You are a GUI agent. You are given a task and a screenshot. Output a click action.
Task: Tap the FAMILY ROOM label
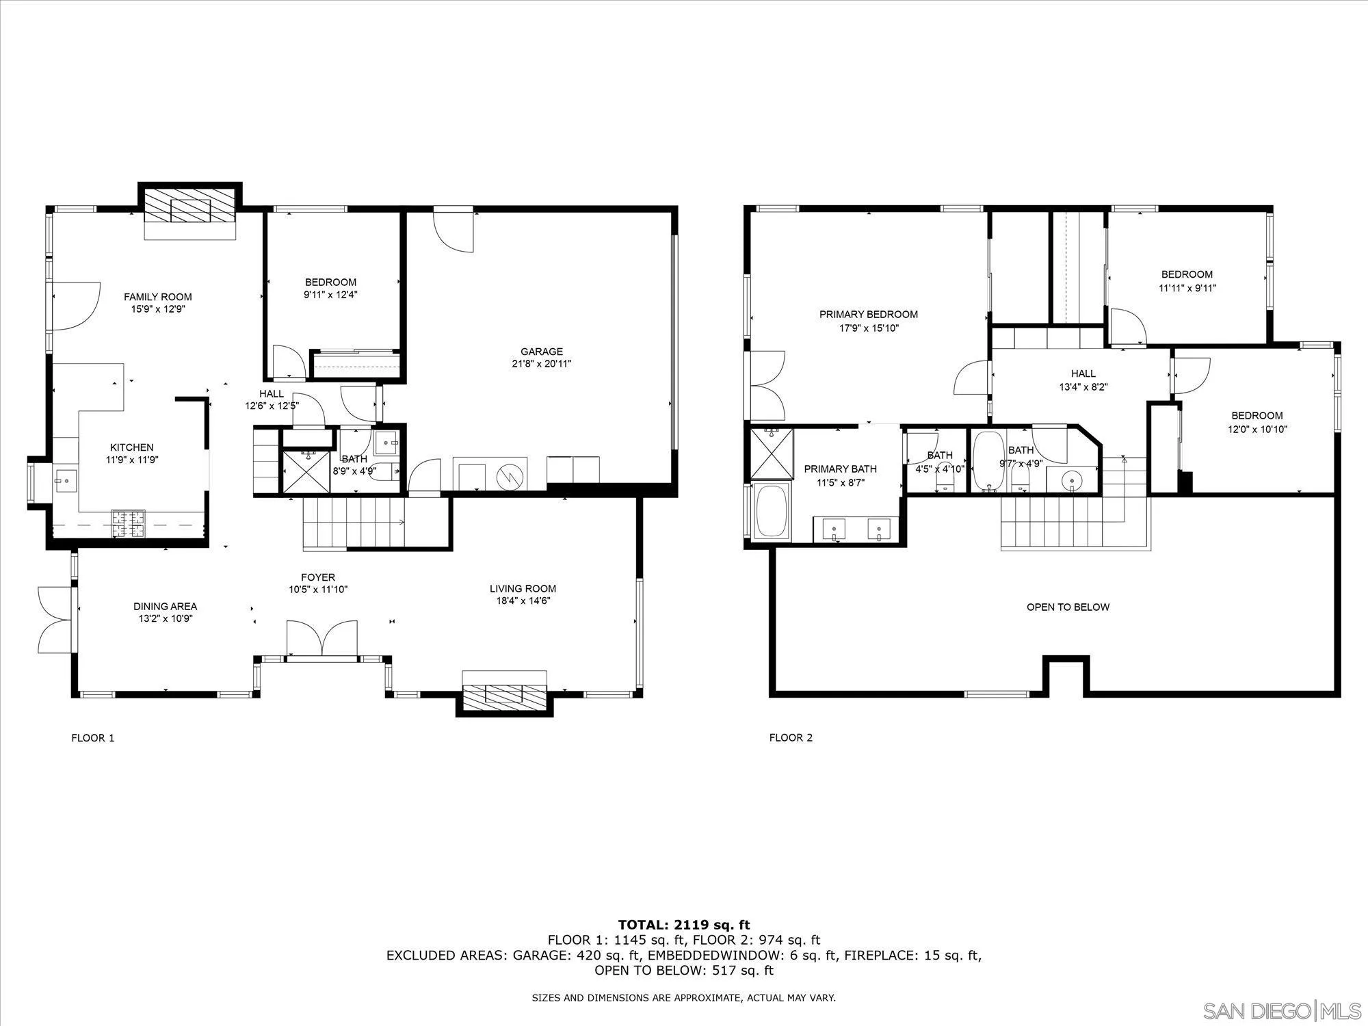158,297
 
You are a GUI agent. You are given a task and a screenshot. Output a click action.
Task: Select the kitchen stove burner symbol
129,524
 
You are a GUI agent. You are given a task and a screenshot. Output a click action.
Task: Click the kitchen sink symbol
66,482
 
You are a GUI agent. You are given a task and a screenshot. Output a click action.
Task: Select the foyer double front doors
321,638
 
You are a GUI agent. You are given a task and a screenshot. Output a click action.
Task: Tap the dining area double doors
55,619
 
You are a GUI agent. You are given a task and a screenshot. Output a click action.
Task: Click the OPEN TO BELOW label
1068,607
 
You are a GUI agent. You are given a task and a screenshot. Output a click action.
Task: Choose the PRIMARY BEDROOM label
869,315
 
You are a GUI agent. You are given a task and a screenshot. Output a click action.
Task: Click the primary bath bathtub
772,511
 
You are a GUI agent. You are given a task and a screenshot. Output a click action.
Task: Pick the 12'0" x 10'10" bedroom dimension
1257,430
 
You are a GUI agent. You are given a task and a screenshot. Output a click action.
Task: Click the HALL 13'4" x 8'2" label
1083,380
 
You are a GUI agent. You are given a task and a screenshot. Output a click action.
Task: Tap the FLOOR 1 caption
93,737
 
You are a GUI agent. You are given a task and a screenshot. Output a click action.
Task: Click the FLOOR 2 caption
791,737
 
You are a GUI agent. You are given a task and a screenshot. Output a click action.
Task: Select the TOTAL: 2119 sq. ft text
684,925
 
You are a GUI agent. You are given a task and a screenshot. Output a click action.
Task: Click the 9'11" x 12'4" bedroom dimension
331,295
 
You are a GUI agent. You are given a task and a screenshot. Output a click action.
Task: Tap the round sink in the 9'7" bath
1071,481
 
